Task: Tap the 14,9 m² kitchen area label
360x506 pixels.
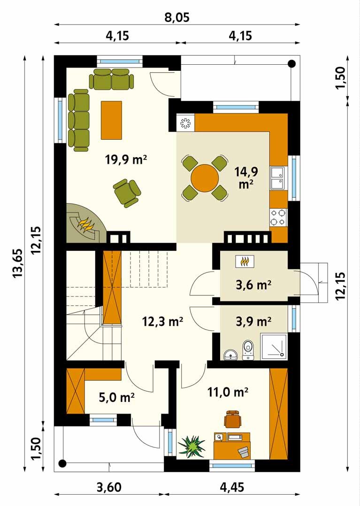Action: coord(246,178)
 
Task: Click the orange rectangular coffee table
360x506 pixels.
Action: coord(111,120)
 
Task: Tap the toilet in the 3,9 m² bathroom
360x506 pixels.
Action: coord(248,350)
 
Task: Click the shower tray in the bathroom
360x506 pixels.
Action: coord(274,346)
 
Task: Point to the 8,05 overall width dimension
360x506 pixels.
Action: coord(177,18)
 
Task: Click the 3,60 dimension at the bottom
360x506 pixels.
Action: coord(109,487)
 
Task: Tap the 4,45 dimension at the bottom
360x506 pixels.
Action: coord(232,487)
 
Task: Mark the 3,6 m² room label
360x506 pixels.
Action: coord(253,285)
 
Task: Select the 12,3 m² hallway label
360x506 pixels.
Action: coord(163,322)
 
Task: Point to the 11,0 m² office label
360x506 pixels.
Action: coord(228,393)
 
